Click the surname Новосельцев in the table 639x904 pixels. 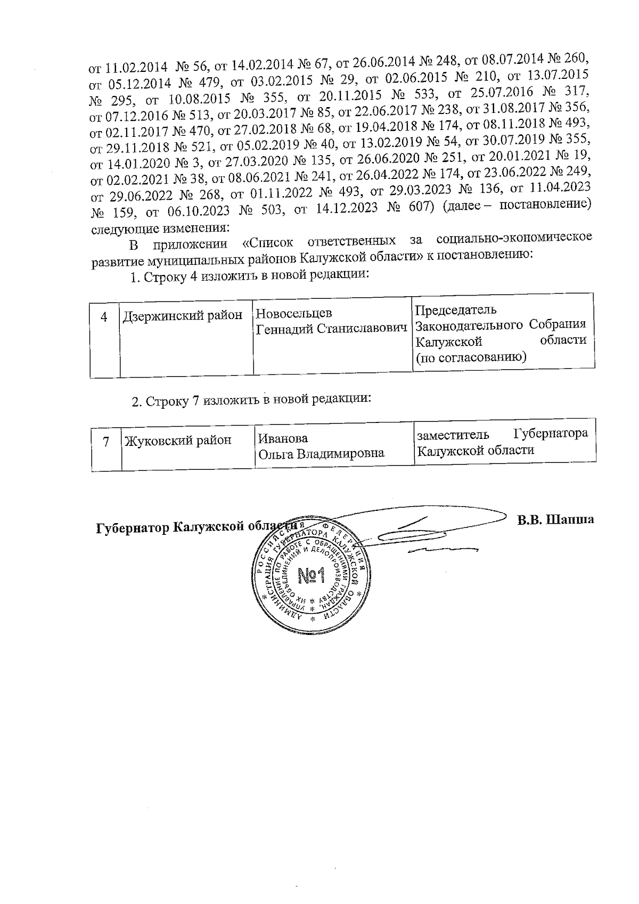click(294, 313)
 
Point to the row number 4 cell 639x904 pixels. click(104, 316)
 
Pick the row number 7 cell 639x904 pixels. click(106, 441)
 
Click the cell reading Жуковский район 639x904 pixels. click(178, 441)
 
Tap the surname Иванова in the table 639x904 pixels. click(283, 438)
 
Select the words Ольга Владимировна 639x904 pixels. click(321, 454)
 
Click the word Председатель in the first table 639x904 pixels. click(455, 310)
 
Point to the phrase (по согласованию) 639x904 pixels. click(471, 357)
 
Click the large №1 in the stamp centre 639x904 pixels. click(312, 575)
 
